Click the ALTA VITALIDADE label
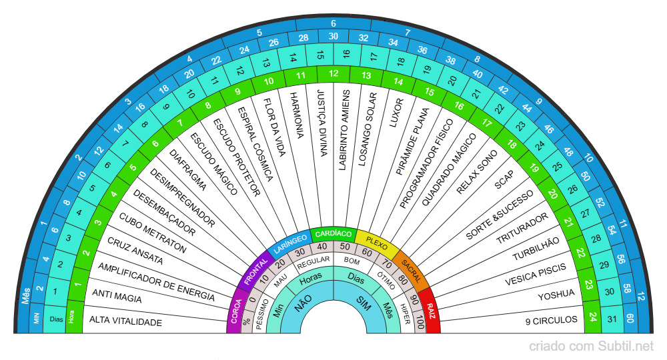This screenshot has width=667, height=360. [126, 322]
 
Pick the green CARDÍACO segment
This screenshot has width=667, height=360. [333, 234]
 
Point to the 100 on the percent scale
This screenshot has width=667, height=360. [419, 324]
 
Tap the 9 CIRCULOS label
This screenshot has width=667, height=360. [551, 321]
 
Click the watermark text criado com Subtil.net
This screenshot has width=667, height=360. [591, 346]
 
